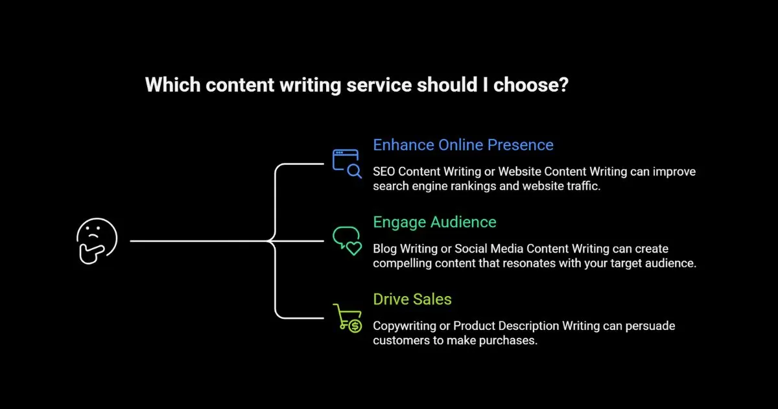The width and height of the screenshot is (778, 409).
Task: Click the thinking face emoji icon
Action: pos(97,241)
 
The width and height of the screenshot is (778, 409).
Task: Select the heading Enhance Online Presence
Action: pos(463,144)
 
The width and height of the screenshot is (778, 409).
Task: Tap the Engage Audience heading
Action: pos(434,222)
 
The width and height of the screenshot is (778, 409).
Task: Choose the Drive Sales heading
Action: pos(412,299)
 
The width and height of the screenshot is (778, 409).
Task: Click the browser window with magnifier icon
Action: pos(346,162)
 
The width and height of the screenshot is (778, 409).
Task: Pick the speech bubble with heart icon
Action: pos(346,240)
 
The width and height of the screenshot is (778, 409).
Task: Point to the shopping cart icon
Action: pos(346,317)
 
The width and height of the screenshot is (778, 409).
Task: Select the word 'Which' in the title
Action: pos(168,85)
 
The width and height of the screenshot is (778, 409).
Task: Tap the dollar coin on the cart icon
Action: pos(355,326)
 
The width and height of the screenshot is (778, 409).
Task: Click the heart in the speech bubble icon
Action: pos(353,248)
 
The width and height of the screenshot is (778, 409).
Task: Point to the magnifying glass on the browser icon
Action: pos(354,171)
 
